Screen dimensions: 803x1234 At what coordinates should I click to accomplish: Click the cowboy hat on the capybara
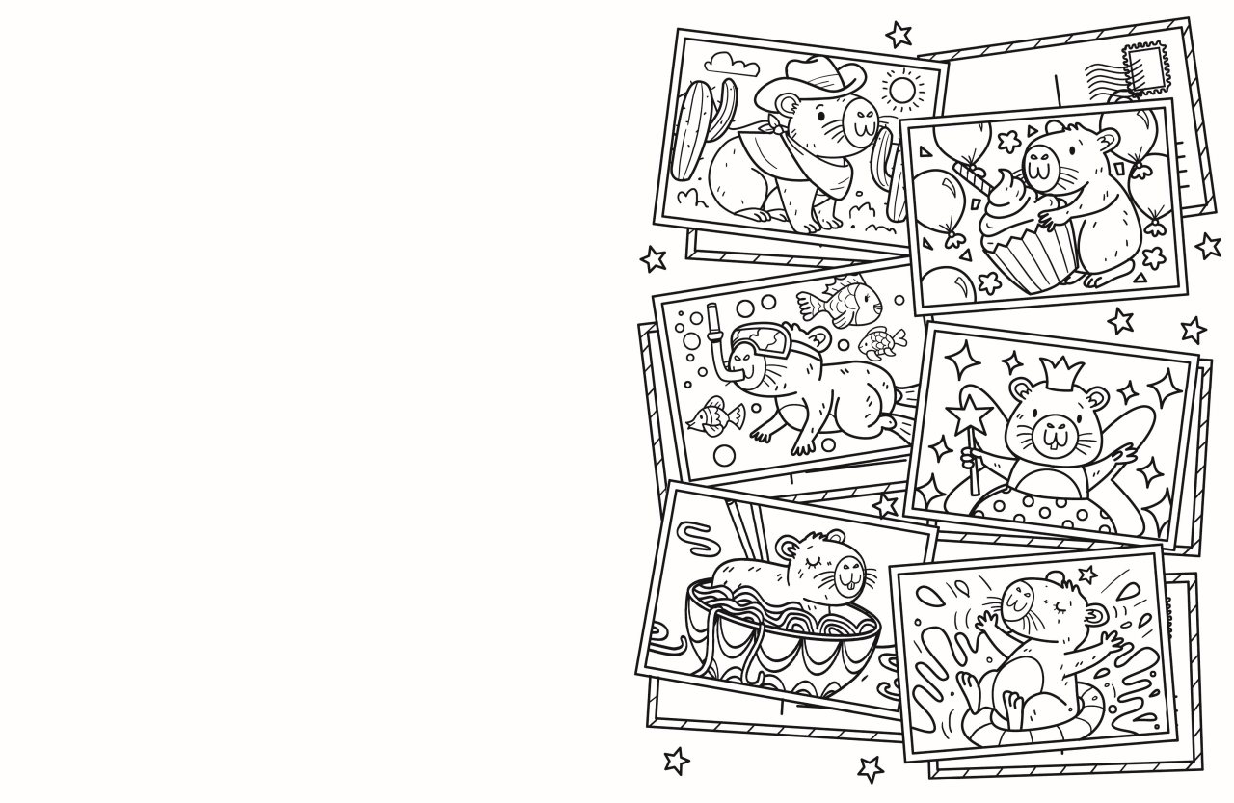811,80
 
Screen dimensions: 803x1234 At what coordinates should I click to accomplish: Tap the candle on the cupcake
968,174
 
